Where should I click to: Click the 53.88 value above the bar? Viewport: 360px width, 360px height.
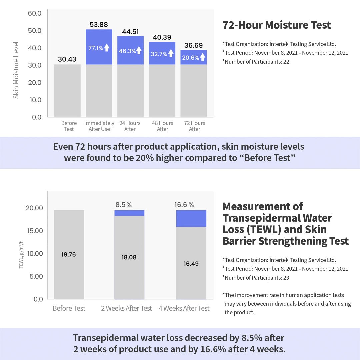(x=99, y=24)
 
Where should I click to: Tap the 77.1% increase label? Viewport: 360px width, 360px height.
(x=96, y=48)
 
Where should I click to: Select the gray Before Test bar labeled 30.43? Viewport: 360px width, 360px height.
(x=67, y=90)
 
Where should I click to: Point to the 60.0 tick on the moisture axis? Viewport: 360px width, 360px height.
(x=34, y=13)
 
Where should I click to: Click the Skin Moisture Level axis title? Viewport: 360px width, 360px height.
(x=16, y=70)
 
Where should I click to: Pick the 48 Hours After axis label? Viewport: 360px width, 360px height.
(x=162, y=126)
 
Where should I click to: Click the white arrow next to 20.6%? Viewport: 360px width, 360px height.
(x=203, y=57)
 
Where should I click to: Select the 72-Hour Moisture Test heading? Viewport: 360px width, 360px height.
(x=277, y=25)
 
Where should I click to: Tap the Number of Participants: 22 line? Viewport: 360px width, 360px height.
(x=256, y=61)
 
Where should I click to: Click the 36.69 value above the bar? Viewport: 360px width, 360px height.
(x=193, y=45)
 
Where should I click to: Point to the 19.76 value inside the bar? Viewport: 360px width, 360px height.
(x=69, y=255)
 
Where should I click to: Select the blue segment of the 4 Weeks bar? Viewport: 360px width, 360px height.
(x=191, y=218)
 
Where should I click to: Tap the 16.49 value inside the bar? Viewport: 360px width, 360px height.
(x=191, y=264)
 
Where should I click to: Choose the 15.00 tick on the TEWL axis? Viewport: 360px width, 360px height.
(x=34, y=231)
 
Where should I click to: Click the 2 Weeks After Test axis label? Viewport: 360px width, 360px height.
(x=126, y=308)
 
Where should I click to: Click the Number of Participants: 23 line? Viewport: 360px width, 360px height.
(x=256, y=277)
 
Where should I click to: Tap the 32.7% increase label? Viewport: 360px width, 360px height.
(x=159, y=54)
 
